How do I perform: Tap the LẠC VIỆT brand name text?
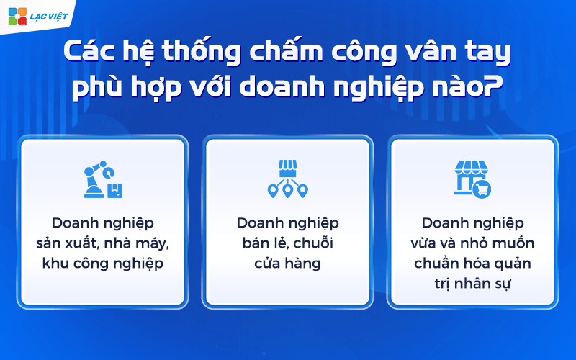(48, 17)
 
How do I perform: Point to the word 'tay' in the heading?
(488, 53)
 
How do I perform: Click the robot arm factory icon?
(103, 181)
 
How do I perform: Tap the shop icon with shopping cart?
(472, 178)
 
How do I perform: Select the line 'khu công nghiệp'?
(103, 264)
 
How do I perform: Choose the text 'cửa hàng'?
(287, 264)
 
